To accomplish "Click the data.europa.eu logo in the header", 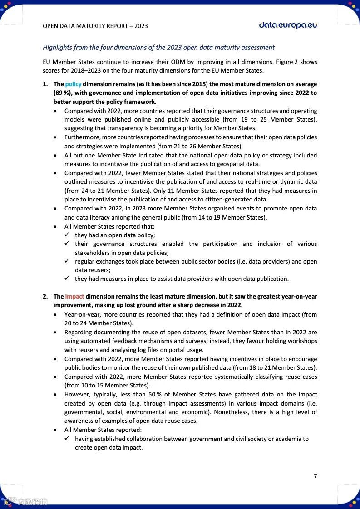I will [x=288, y=25].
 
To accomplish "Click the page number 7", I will [x=315, y=476].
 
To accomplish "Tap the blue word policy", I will [x=73, y=84].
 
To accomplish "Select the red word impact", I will [x=74, y=297].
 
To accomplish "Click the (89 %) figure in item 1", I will [x=62, y=93].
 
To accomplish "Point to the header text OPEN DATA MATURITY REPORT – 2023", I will [x=95, y=26].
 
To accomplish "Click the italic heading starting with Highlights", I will [x=158, y=47].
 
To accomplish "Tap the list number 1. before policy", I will [x=45, y=84].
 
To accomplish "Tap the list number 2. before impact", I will [x=45, y=297].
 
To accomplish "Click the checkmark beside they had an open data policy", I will [x=67, y=235].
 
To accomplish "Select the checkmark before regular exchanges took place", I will [x=67, y=261].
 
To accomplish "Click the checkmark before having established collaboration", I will [x=67, y=439].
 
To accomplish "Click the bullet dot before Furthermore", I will [x=55, y=137].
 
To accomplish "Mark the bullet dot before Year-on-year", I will [x=55, y=314].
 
